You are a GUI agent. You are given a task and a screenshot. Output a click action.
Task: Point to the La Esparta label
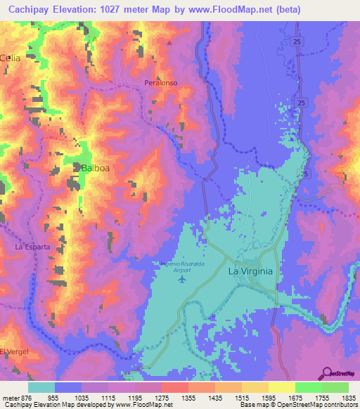click(x=32, y=247)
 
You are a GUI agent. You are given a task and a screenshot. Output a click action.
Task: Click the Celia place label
click(x=11, y=58)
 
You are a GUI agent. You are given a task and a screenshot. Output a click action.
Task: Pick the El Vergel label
click(x=12, y=351)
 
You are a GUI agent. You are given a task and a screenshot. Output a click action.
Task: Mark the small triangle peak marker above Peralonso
click(x=169, y=42)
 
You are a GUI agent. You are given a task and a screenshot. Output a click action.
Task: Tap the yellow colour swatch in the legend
click(x=281, y=387)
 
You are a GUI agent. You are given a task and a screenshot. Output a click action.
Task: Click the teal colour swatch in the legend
click(x=41, y=387)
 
